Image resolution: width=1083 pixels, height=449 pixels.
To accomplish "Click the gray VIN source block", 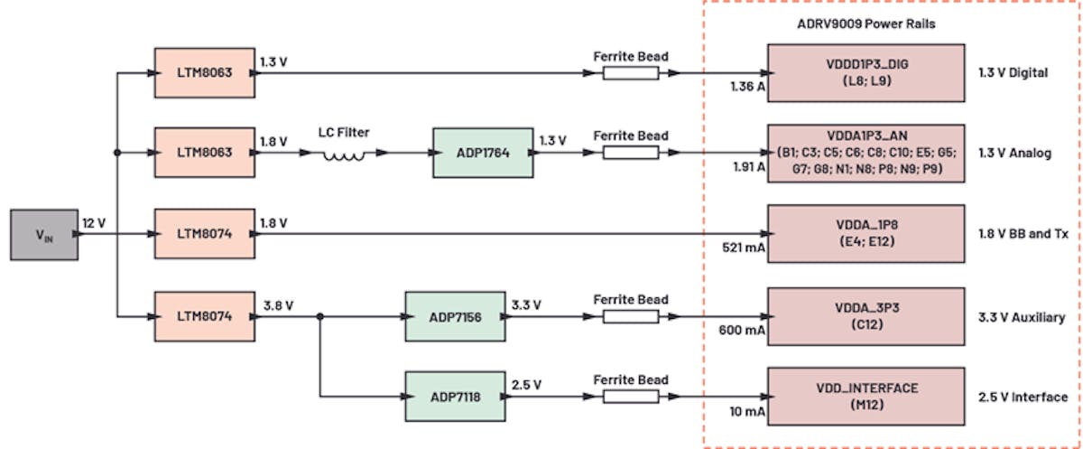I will [x=44, y=235].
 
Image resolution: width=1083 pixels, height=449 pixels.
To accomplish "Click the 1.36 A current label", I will [x=748, y=87].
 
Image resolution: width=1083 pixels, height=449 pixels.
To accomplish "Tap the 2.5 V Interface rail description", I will [x=1023, y=397].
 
